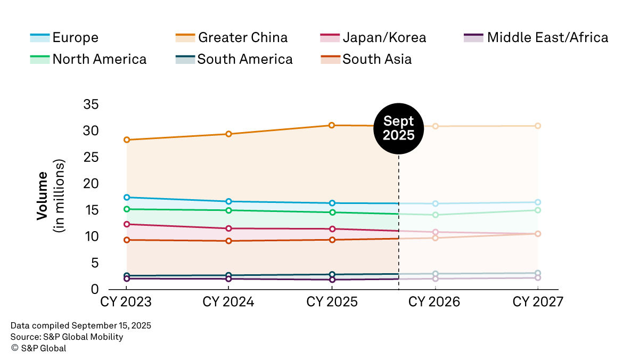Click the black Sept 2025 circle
tap(399, 128)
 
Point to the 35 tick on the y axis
tap(91, 104)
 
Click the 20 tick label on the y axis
tap(91, 183)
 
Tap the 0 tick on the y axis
tap(95, 289)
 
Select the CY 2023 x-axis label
tap(126, 302)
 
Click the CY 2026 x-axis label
tap(434, 302)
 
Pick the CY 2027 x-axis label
tap(537, 302)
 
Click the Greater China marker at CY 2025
tap(332, 125)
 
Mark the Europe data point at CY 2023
tap(127, 198)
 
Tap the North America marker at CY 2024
tap(229, 210)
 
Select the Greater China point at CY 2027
tap(538, 126)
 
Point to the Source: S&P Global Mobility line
tap(67, 337)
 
